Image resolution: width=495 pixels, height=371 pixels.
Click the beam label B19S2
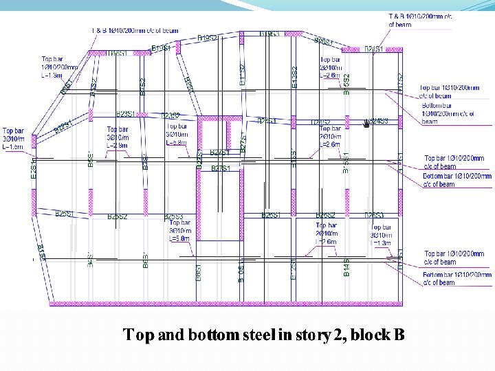pos(208,38)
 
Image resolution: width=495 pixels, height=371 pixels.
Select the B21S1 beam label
pos(374,49)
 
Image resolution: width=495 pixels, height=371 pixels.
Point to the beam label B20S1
pos(324,42)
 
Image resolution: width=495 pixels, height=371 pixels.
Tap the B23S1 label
pos(128,113)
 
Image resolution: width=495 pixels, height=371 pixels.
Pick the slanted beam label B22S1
pos(63,127)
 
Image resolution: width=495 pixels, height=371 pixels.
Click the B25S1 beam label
pos(65,214)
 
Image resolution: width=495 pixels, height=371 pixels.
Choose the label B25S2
pos(118,216)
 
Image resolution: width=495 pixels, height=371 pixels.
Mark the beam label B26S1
pos(271,216)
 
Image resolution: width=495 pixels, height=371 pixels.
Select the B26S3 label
pos(374,216)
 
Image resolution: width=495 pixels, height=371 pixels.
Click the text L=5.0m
pos(179,238)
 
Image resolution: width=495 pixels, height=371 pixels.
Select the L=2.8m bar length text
pos(118,146)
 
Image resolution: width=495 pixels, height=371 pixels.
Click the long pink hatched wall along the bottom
pos(227,303)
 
